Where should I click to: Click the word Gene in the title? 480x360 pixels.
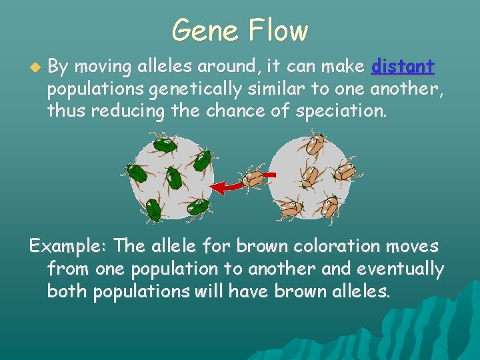pyautogui.click(x=204, y=31)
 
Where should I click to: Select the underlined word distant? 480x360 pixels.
pyautogui.click(x=403, y=67)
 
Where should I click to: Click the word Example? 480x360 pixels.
pyautogui.click(x=69, y=246)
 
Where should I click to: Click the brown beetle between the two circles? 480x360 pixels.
pyautogui.click(x=254, y=179)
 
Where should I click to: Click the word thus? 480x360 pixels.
pyautogui.click(x=67, y=111)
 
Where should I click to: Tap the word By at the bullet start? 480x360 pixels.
pyautogui.click(x=59, y=67)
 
